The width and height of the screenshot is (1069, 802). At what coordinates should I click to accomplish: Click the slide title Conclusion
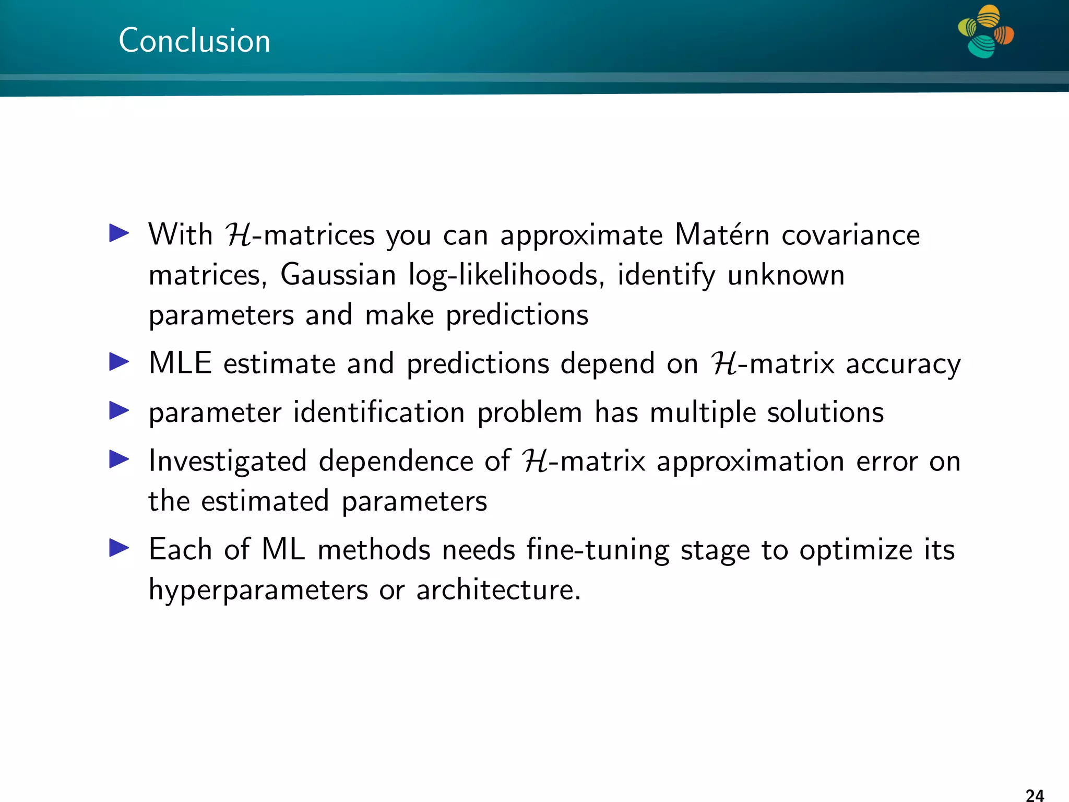click(194, 41)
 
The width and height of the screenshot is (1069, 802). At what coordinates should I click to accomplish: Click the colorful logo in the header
click(985, 31)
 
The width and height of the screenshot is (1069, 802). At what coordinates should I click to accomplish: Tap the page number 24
click(1035, 795)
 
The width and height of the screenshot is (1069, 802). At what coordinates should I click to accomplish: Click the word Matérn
click(722, 234)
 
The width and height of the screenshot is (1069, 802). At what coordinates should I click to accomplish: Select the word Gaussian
click(338, 275)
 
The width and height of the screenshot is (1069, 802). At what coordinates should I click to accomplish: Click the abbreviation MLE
click(180, 363)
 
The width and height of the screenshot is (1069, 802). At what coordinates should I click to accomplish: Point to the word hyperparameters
click(258, 591)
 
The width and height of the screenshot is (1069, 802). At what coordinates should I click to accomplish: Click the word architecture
click(498, 590)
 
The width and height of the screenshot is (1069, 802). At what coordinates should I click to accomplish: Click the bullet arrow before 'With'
click(119, 233)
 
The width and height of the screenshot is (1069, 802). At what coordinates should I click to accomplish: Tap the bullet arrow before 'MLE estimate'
click(119, 362)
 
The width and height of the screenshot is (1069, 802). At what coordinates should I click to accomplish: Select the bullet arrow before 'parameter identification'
click(119, 411)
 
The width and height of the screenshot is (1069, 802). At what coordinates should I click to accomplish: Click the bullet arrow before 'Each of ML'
click(119, 548)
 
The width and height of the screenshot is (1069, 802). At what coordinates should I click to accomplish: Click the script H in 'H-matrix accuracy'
click(724, 363)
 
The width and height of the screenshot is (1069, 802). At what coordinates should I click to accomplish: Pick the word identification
click(379, 412)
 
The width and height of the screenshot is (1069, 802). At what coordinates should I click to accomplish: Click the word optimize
click(856, 550)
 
